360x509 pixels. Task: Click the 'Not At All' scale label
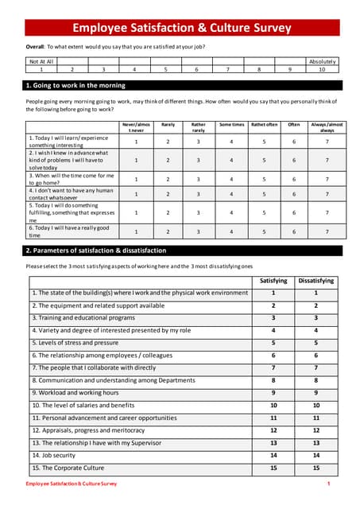tap(41, 60)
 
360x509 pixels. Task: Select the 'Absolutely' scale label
tap(322, 60)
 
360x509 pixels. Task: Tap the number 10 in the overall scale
tap(322, 69)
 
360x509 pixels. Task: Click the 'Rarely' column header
tap(168, 124)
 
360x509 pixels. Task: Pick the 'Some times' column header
tap(231, 124)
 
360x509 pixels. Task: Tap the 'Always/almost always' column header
tap(327, 127)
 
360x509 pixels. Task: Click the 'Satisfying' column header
tap(273, 281)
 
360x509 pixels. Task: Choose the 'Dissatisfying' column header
tap(315, 281)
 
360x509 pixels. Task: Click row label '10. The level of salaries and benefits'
tap(83, 406)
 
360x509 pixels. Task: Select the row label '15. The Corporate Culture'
tap(68, 468)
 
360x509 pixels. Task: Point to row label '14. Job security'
tap(55, 456)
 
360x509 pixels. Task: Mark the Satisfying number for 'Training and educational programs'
tap(273, 318)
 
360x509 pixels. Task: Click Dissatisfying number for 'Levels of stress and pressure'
tap(315, 343)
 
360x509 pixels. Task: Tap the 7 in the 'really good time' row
tap(327, 232)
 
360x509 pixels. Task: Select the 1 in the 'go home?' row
tap(136, 180)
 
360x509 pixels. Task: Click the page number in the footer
tap(328, 484)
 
